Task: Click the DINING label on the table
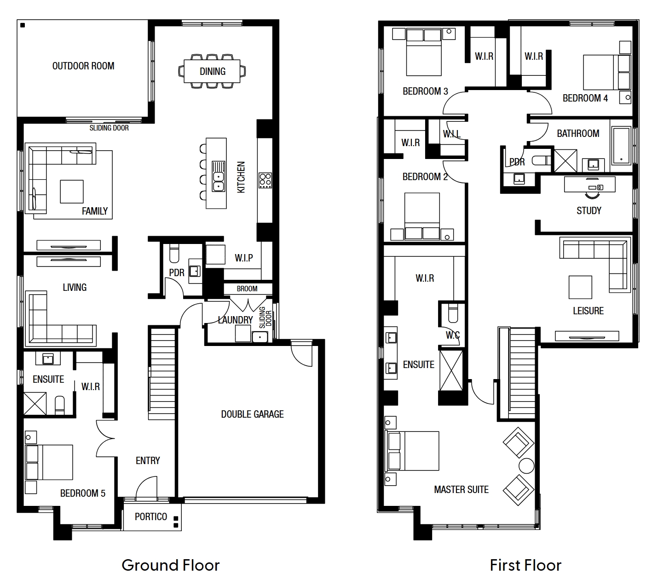click(213, 71)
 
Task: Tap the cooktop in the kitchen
click(265, 180)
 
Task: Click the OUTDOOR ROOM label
click(83, 66)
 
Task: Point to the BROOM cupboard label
click(247, 289)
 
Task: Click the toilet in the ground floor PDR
click(174, 253)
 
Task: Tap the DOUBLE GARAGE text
click(252, 414)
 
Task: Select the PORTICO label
click(151, 516)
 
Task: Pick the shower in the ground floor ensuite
click(35, 403)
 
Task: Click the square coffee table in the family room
click(72, 192)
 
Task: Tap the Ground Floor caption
click(171, 565)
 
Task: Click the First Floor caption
click(525, 565)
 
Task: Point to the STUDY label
click(589, 211)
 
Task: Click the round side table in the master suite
click(526, 465)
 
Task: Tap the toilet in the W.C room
click(453, 312)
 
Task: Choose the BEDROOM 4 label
click(585, 98)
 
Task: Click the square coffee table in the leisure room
click(580, 287)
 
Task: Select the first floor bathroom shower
click(565, 161)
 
